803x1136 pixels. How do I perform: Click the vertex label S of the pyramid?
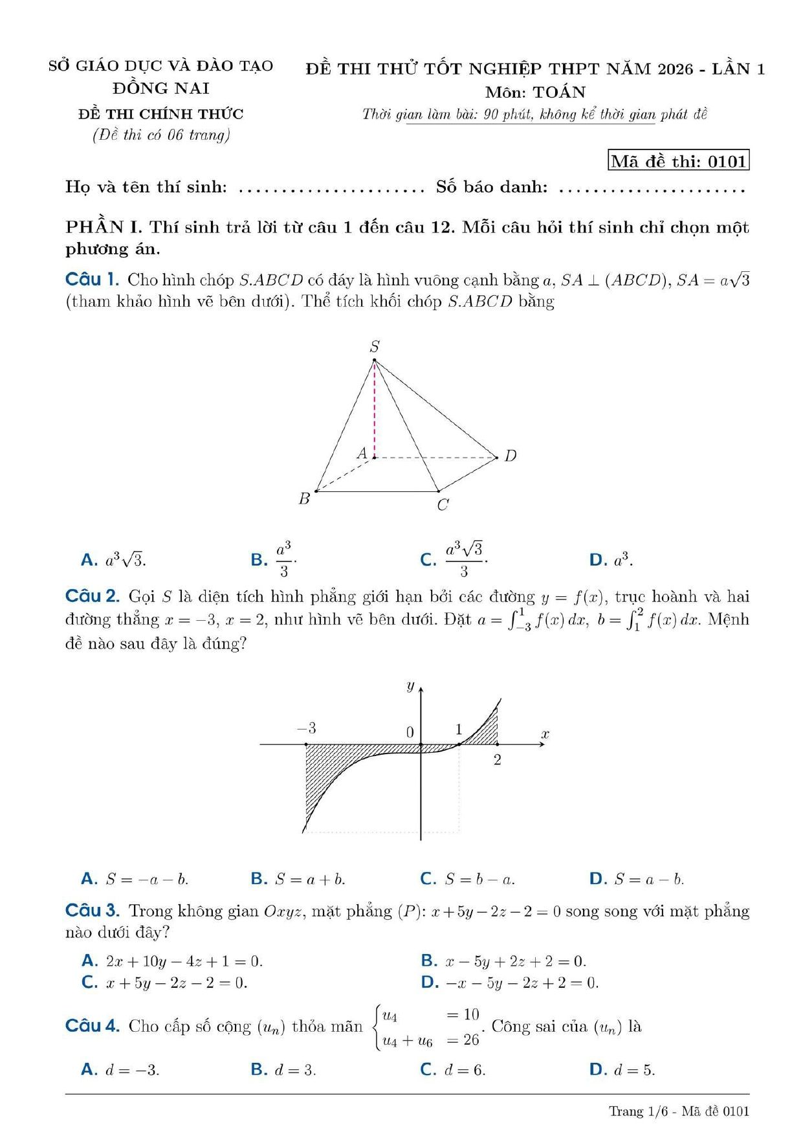pos(375,347)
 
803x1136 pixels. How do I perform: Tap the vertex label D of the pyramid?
pos(511,456)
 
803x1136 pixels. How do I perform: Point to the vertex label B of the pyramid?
pos(304,499)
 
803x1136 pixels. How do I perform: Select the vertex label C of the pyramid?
pos(443,505)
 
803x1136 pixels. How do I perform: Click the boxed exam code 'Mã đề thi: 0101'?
pos(679,161)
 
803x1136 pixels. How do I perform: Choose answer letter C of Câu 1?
pos(428,560)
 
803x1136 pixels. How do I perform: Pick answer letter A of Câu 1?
pos(89,560)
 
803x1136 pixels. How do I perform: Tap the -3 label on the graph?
pos(307,728)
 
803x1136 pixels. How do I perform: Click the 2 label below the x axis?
pos(497,760)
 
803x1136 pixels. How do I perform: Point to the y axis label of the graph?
pos(410,685)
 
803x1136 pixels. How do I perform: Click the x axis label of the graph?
pos(545,734)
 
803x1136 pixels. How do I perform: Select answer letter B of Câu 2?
pos(258,879)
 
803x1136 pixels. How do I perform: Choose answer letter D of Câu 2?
pos(597,879)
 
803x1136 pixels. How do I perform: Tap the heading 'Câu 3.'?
pos(93,911)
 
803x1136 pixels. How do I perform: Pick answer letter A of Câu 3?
pos(89,961)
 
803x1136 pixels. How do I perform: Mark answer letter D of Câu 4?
pos(597,1070)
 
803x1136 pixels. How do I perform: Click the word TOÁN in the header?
pos(559,92)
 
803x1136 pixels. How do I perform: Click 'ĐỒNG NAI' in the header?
pos(161,88)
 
